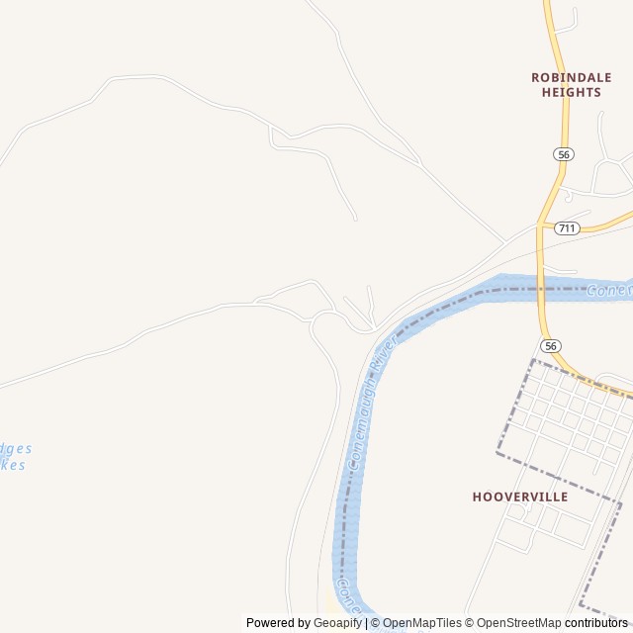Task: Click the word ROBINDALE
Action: [571, 76]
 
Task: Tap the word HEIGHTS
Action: [571, 92]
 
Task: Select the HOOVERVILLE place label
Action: [520, 497]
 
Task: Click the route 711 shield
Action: [567, 228]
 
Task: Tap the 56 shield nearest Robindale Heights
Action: [563, 154]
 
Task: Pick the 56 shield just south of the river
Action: [551, 345]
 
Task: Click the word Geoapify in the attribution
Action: [338, 623]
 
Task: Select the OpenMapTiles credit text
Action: [421, 623]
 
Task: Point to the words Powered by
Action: [278, 623]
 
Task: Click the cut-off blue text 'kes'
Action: [13, 465]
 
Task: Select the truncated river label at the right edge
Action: [607, 291]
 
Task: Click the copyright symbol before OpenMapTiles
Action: [375, 623]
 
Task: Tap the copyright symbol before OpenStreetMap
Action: [469, 623]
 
